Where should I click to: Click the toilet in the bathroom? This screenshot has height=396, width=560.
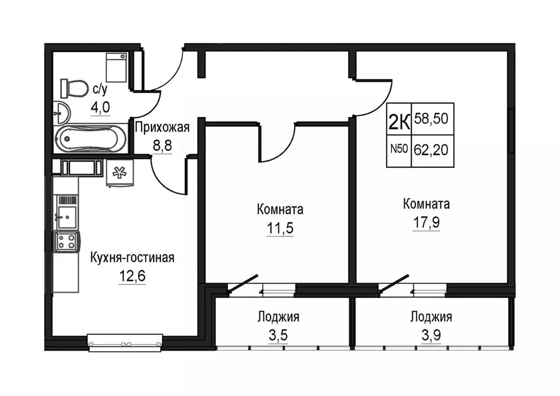pyautogui.click(x=74, y=88)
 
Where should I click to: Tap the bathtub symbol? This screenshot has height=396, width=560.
pyautogui.click(x=91, y=139)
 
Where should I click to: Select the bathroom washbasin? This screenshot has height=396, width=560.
pyautogui.click(x=62, y=113)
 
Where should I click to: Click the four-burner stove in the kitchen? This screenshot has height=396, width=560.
pyautogui.click(x=66, y=241)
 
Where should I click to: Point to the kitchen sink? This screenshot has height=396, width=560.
pyautogui.click(x=66, y=217)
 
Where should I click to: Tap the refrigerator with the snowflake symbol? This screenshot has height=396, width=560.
pyautogui.click(x=120, y=173)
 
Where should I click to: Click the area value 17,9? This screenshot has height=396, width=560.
pyautogui.click(x=427, y=222)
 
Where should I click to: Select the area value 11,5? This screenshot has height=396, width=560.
pyautogui.click(x=280, y=228)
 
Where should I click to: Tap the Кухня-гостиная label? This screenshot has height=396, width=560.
pyautogui.click(x=132, y=257)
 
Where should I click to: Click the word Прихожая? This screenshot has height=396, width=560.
pyautogui.click(x=162, y=127)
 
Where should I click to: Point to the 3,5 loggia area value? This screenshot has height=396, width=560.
pyautogui.click(x=278, y=336)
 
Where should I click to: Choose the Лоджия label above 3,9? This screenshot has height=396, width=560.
pyautogui.click(x=431, y=317)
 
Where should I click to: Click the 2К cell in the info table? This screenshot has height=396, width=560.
pyautogui.click(x=399, y=119)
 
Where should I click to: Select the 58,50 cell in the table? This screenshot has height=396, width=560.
pyautogui.click(x=433, y=119)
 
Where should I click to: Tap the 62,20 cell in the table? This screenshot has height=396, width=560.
pyautogui.click(x=433, y=151)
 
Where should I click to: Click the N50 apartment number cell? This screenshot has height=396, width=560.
pyautogui.click(x=399, y=151)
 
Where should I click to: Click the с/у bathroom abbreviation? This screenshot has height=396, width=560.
pyautogui.click(x=100, y=89)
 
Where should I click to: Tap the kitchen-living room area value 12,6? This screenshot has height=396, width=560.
pyautogui.click(x=132, y=276)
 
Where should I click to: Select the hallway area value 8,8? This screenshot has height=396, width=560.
pyautogui.click(x=162, y=146)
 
